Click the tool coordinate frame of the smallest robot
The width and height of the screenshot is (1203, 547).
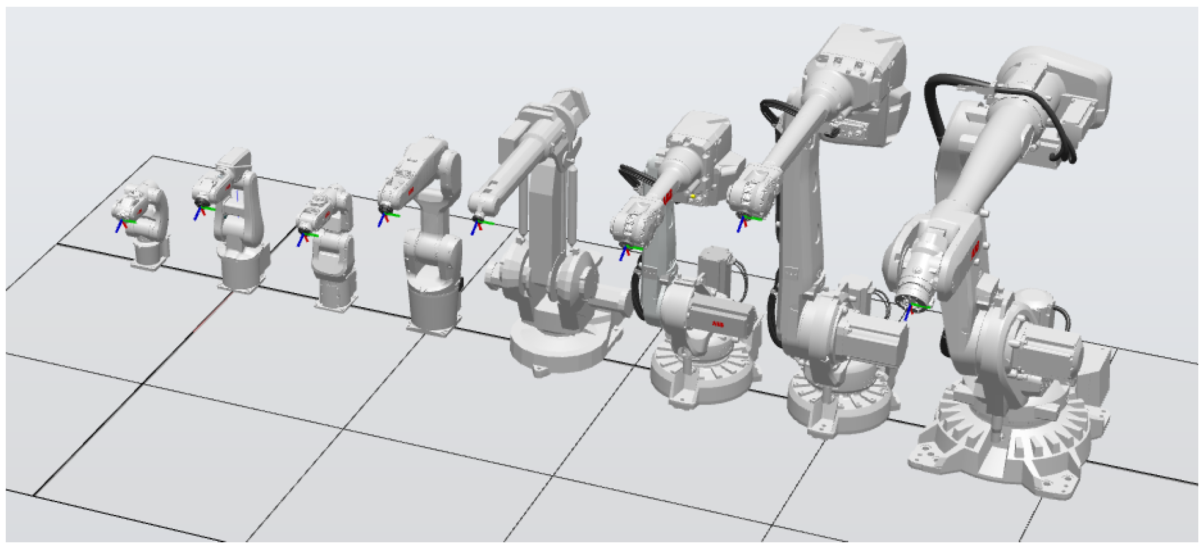click(x=123, y=224)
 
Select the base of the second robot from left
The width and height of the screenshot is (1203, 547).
click(x=240, y=273)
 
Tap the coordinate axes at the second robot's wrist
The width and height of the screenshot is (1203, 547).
click(x=201, y=211)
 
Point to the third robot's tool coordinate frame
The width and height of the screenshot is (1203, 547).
click(x=304, y=237)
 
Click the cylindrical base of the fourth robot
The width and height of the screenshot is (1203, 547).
click(x=434, y=309)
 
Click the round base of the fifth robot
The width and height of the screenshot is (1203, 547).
click(x=559, y=346)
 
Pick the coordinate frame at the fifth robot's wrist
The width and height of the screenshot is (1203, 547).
click(x=477, y=225)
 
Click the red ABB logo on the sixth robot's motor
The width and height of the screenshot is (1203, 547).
click(x=718, y=324)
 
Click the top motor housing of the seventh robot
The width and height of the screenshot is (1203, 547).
click(x=858, y=57)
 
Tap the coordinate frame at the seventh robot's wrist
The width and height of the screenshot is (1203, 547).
click(x=743, y=221)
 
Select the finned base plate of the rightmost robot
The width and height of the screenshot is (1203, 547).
click(x=1014, y=447)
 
